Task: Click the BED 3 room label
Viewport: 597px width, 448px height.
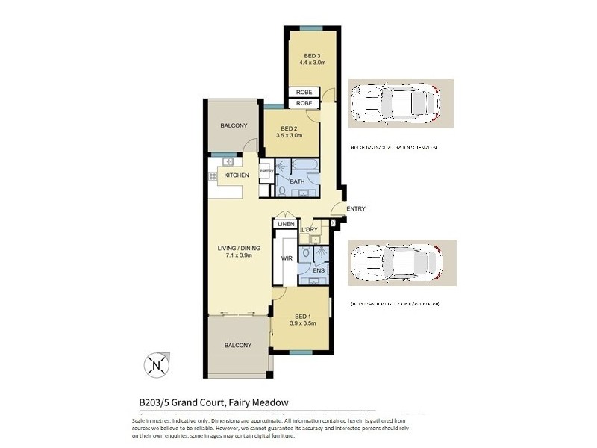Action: click(x=312, y=56)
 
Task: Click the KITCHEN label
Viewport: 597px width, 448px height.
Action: click(x=237, y=175)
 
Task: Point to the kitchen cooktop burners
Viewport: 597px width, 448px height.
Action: click(x=212, y=176)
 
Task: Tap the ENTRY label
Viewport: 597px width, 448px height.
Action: click(x=356, y=208)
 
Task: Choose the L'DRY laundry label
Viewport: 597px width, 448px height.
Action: click(x=309, y=229)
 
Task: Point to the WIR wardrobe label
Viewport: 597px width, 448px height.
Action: click(x=286, y=258)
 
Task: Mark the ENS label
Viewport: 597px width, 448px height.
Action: click(x=319, y=270)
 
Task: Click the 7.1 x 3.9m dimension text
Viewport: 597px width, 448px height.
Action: click(x=240, y=256)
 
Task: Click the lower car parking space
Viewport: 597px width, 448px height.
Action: click(x=396, y=263)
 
